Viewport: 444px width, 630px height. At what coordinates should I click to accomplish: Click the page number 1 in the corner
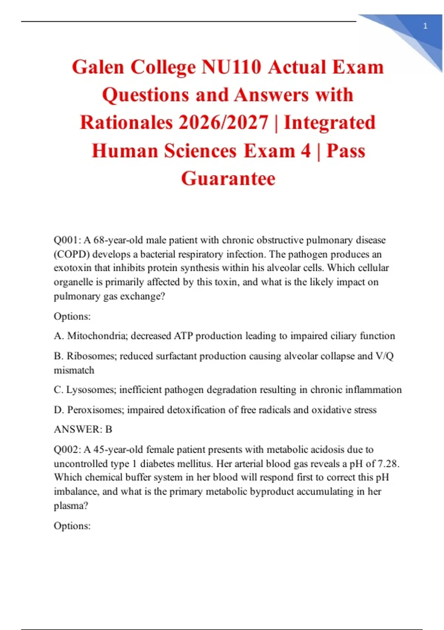[425, 26]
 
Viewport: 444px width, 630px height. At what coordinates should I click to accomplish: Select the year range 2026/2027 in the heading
[223, 123]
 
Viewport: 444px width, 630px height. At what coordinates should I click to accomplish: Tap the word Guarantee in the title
[228, 179]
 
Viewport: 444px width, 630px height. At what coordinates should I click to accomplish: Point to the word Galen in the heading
[98, 67]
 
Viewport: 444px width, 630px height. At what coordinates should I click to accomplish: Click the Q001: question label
[67, 240]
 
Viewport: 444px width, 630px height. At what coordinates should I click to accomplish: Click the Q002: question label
[67, 450]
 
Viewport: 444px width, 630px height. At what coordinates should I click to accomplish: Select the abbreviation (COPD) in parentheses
[71, 254]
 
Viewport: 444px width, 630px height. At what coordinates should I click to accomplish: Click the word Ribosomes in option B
[92, 356]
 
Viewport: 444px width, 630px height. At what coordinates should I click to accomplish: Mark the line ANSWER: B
[83, 430]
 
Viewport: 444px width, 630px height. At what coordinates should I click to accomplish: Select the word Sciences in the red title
[201, 151]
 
